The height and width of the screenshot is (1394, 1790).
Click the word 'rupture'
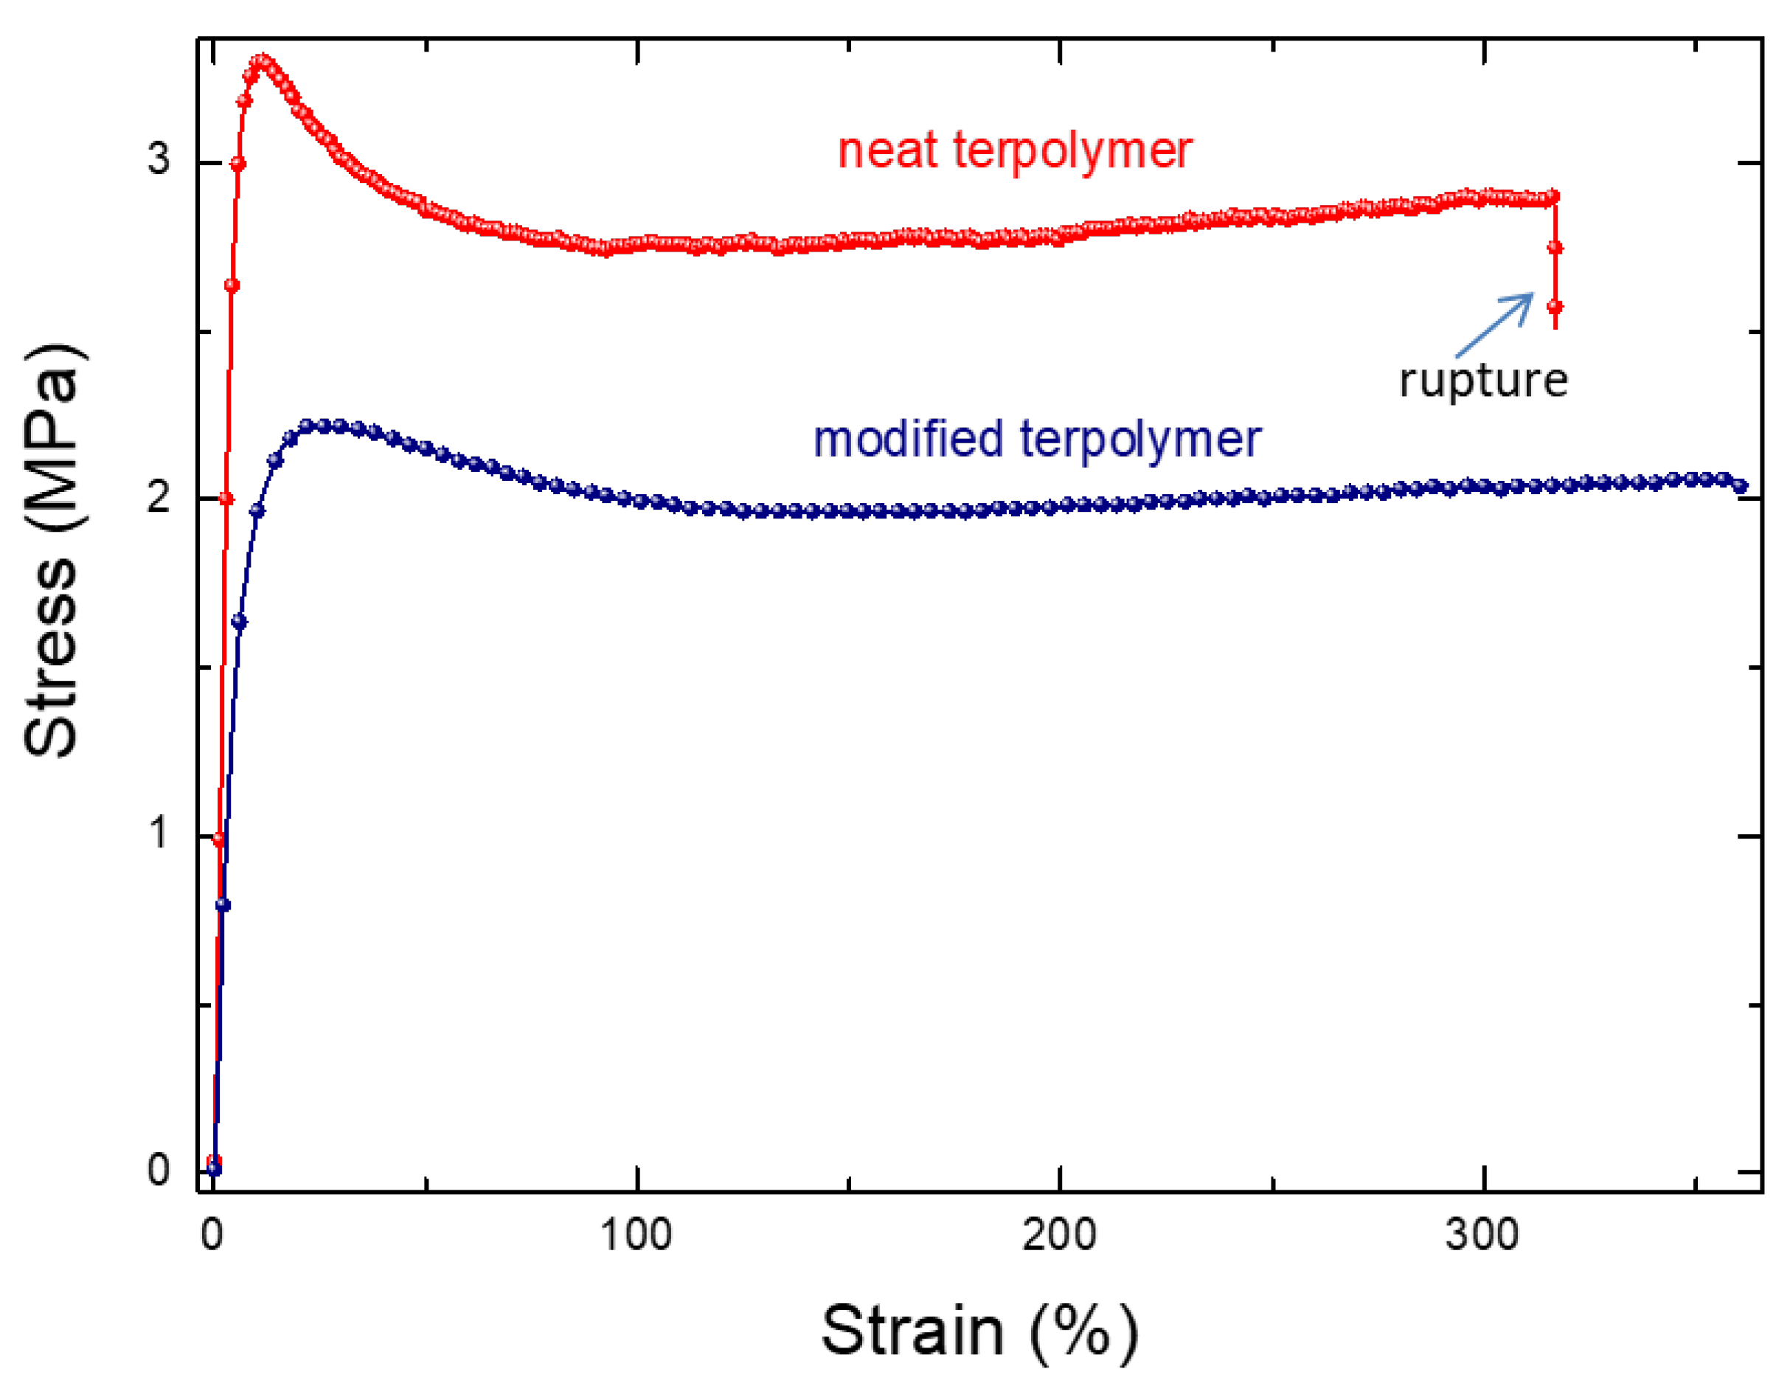click(x=1482, y=381)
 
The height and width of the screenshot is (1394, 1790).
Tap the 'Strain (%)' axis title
click(x=979, y=1332)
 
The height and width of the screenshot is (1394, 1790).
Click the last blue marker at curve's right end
click(x=1740, y=486)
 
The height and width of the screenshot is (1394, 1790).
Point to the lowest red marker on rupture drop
click(x=1555, y=308)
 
